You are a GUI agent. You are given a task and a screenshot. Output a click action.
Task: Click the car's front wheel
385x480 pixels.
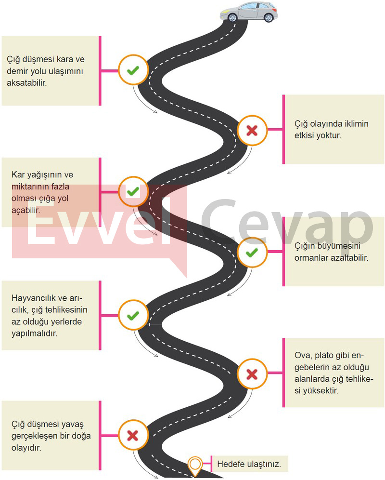click(x=232, y=17)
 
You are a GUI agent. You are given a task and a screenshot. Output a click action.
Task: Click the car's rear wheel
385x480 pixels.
click(x=268, y=17)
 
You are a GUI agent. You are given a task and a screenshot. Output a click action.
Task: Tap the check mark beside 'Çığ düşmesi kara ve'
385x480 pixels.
click(x=133, y=70)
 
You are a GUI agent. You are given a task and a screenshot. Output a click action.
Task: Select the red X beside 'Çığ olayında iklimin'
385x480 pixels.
click(x=252, y=131)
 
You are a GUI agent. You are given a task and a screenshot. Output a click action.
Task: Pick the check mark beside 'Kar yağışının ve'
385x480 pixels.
click(x=133, y=192)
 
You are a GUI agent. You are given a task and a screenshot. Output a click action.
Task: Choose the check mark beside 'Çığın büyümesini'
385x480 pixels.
click(x=252, y=253)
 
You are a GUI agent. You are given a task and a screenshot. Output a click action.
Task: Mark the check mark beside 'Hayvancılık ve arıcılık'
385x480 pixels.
click(x=133, y=316)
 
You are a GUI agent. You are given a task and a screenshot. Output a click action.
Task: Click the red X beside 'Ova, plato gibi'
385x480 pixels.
click(x=252, y=374)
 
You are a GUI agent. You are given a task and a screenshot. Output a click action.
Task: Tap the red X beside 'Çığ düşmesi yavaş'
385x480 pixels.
click(x=133, y=435)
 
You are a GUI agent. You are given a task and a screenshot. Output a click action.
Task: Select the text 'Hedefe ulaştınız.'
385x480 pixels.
click(x=249, y=464)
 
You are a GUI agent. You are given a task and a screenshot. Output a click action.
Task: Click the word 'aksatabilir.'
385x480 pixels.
click(x=27, y=83)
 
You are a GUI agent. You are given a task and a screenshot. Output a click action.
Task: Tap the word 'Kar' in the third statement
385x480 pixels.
click(x=18, y=175)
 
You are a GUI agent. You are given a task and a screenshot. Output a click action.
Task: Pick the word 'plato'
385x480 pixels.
click(x=324, y=356)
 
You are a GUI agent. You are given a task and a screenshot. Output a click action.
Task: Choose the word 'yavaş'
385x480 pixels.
click(x=73, y=425)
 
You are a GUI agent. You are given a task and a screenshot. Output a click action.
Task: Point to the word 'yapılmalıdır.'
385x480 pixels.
click(x=35, y=333)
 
